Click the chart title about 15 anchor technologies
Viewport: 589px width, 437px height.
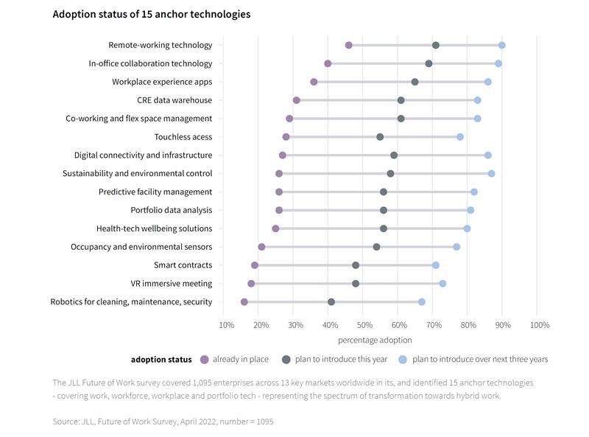click(x=151, y=14)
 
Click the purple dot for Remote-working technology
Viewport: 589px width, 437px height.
click(x=349, y=46)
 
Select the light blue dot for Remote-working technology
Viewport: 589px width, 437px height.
click(x=502, y=46)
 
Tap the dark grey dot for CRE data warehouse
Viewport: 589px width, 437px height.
click(x=401, y=100)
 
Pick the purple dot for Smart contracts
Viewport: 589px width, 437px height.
click(x=255, y=265)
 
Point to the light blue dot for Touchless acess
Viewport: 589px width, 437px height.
click(x=460, y=137)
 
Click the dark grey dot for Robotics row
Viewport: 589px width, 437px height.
click(x=331, y=302)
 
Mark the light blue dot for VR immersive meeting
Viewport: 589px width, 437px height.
click(x=442, y=284)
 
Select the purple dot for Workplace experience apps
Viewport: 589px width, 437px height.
click(x=314, y=82)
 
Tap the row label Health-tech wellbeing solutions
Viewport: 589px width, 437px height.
click(x=154, y=228)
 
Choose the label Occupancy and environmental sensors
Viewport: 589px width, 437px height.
click(x=141, y=247)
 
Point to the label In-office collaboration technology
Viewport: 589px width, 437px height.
click(x=150, y=64)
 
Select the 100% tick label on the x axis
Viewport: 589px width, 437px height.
click(x=539, y=325)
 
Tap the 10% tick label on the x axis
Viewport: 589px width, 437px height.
click(x=228, y=325)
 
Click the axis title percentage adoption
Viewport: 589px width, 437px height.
click(x=375, y=340)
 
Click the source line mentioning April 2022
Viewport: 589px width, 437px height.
click(x=163, y=421)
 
